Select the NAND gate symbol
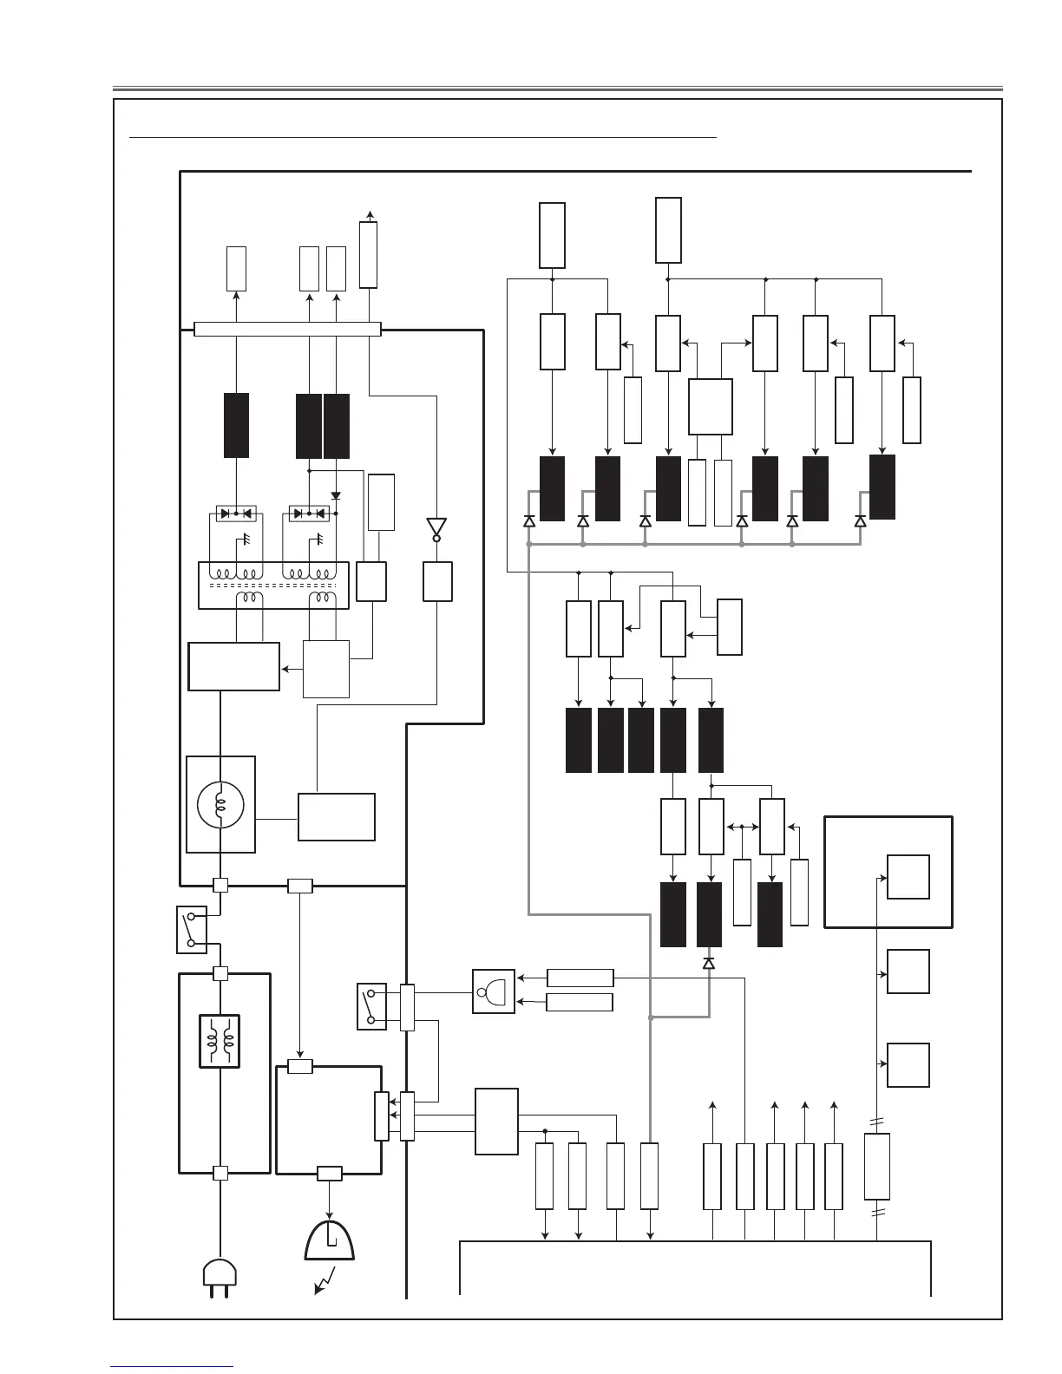point(494,991)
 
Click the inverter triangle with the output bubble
point(436,528)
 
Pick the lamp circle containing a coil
point(220,804)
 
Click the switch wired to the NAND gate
point(371,1006)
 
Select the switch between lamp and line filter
point(192,929)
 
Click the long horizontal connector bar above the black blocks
point(287,329)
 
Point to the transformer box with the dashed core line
point(273,586)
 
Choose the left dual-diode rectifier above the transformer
point(235,514)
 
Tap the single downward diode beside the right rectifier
point(336,496)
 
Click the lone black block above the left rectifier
point(236,425)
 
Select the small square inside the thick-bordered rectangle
point(908,877)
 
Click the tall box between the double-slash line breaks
point(877,1167)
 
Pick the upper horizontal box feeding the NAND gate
point(580,978)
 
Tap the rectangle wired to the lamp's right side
point(337,816)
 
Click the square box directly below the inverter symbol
point(437,581)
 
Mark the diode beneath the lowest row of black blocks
point(709,964)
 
